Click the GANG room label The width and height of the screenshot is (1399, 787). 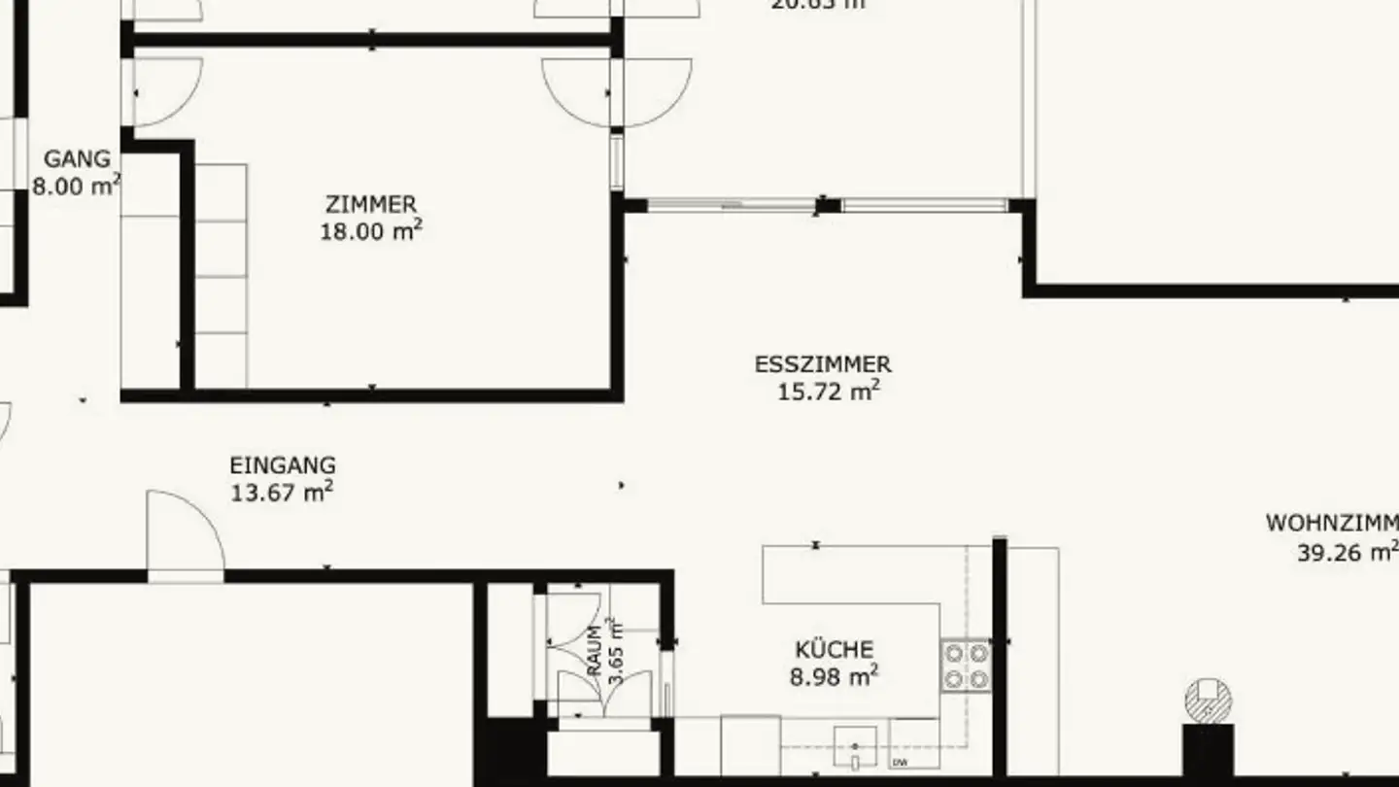click(78, 159)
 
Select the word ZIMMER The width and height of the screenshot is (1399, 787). click(371, 205)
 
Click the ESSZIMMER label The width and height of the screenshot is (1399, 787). click(823, 365)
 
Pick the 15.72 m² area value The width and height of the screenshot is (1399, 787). click(829, 391)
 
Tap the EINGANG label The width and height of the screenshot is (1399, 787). click(283, 466)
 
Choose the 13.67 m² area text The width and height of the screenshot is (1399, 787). click(282, 492)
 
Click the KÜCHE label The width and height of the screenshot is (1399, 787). click(834, 649)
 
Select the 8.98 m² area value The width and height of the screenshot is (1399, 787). click(834, 675)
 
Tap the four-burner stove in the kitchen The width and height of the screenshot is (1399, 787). click(966, 666)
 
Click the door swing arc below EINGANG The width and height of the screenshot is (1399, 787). click(189, 530)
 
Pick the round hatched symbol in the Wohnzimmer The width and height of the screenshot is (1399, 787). click(1208, 700)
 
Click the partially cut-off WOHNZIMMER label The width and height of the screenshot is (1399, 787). click(1331, 524)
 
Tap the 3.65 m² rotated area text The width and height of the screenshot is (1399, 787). click(615, 651)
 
